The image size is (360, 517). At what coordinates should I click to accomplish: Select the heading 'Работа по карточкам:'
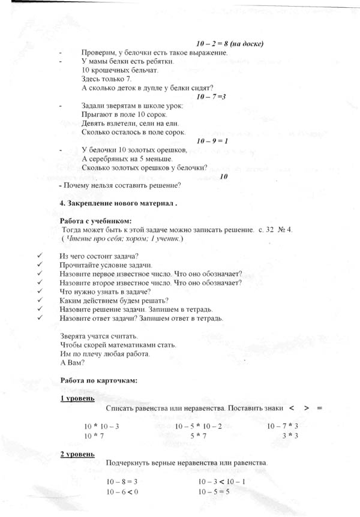click(x=100, y=380)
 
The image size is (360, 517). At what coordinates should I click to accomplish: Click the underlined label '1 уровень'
click(x=77, y=398)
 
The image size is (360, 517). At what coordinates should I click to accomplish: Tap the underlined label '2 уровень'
click(x=77, y=454)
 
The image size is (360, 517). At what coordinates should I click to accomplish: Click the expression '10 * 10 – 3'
click(x=101, y=426)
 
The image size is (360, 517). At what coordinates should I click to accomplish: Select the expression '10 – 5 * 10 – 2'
click(x=199, y=426)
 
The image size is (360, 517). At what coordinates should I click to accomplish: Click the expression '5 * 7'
click(x=199, y=436)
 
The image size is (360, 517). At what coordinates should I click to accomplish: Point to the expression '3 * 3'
click(x=290, y=436)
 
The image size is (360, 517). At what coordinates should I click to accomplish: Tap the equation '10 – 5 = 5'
click(x=214, y=492)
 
